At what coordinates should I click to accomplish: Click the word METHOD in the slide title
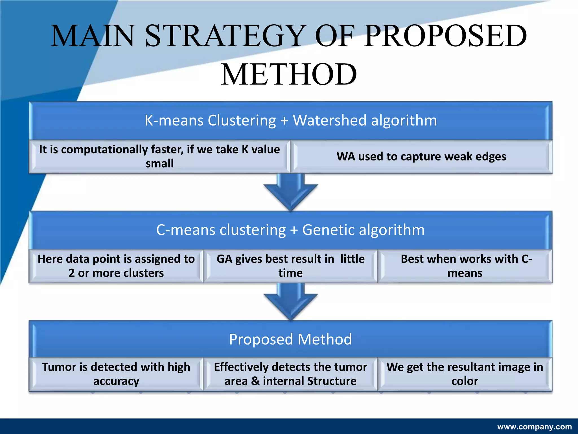289,75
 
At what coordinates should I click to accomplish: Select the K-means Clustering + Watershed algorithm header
291,120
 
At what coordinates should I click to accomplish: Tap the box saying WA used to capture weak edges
421,157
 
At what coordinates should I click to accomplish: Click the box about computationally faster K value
159,157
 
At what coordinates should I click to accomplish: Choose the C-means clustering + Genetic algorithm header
291,230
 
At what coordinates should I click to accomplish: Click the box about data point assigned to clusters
116,266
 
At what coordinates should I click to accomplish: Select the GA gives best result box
290,266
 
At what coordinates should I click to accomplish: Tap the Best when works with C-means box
465,266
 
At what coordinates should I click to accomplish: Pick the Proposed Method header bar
291,339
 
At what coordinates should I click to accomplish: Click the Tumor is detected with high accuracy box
116,374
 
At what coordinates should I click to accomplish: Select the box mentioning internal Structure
290,374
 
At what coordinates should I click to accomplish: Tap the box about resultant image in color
465,374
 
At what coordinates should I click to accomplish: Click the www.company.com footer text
535,427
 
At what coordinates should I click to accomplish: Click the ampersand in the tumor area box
255,381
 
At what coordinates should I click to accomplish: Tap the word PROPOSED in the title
445,36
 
